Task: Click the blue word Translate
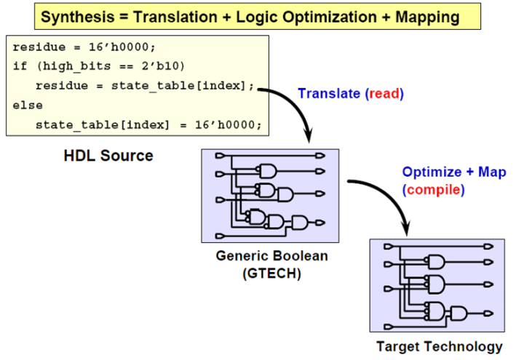(329, 94)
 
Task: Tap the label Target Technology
(439, 346)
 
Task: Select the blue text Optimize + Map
(453, 173)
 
